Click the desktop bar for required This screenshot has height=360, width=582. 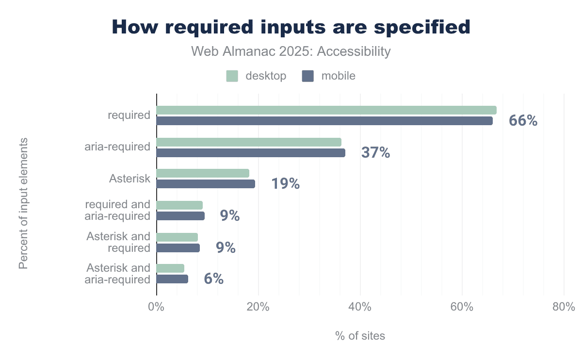coord(326,110)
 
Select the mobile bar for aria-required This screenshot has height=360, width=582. coord(251,153)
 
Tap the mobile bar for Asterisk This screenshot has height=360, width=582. coord(206,184)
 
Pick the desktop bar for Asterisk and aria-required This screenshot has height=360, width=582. coord(170,268)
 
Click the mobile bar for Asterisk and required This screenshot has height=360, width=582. coord(178,248)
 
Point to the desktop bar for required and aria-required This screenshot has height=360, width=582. coord(179,205)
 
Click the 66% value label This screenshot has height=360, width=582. coord(523,121)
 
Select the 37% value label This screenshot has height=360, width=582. coord(375,153)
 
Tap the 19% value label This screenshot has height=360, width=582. coord(285,184)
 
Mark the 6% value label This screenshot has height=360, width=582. coord(213,279)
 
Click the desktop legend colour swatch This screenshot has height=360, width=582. coord(232,76)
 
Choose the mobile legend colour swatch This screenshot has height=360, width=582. coord(308,76)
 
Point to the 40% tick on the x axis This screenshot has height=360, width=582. coord(360,307)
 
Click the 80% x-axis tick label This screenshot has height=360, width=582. coord(564,307)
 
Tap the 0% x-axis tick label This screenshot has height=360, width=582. coord(156,307)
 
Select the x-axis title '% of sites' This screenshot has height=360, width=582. coord(360,336)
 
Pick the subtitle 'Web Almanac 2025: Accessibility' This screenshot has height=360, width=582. coord(291,51)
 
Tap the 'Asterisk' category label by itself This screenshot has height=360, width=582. coord(129,179)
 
